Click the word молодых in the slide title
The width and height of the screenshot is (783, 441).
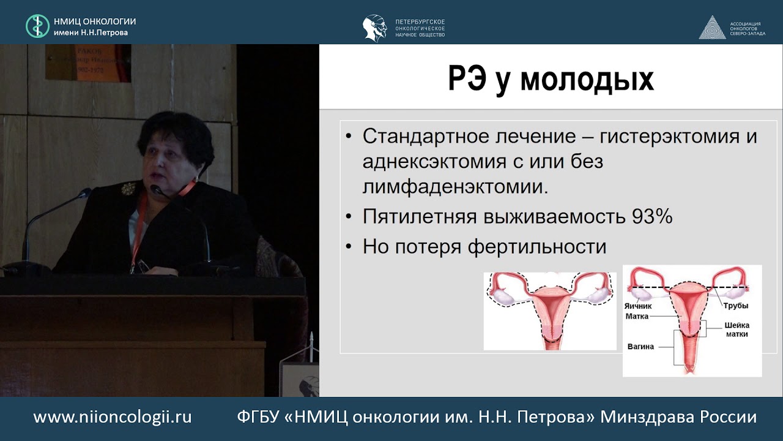(x=587, y=80)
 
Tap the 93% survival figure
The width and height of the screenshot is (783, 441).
(x=652, y=216)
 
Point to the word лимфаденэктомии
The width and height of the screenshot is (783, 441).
(x=455, y=187)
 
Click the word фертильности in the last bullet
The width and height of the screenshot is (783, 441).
(x=537, y=247)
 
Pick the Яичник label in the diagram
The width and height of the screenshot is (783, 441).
(x=638, y=306)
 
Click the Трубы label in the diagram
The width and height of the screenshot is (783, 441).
(x=736, y=306)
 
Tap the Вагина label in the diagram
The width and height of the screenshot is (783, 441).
(x=640, y=347)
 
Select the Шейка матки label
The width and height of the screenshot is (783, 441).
(x=737, y=330)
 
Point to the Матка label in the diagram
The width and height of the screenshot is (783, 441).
(x=637, y=317)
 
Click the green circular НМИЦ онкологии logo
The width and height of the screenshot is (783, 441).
(x=37, y=26)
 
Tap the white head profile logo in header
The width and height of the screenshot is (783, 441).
(x=375, y=28)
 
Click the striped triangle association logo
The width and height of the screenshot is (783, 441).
(x=712, y=28)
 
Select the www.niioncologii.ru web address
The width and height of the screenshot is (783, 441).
(x=113, y=417)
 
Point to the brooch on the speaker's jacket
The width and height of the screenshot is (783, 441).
(x=128, y=189)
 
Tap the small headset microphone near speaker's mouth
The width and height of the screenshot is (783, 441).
(x=157, y=190)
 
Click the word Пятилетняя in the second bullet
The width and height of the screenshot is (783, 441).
(x=420, y=216)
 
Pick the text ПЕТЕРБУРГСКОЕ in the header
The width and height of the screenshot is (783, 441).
(x=420, y=21)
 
